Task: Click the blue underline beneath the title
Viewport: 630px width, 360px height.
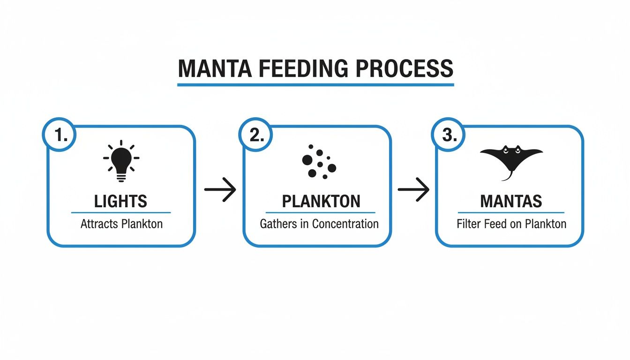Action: [315, 85]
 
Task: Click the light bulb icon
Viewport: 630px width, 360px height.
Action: [121, 161]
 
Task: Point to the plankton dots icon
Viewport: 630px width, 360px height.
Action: [318, 163]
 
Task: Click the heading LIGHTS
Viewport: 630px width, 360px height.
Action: [120, 202]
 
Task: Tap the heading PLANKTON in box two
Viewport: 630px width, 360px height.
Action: [321, 202]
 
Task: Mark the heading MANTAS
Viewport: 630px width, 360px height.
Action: [511, 202]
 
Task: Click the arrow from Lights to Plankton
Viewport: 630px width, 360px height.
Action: [220, 189]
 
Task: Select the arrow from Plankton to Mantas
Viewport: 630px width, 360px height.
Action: [413, 189]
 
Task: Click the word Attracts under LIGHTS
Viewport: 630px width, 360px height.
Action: [99, 224]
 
